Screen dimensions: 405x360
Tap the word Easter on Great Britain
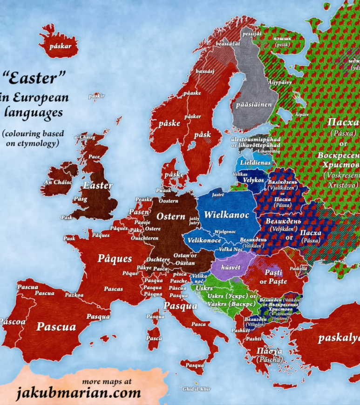[x=98, y=185]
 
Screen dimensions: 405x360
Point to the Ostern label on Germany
[x=171, y=216]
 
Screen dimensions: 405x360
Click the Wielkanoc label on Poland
[x=226, y=215]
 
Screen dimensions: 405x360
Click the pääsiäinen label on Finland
[x=253, y=105]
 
